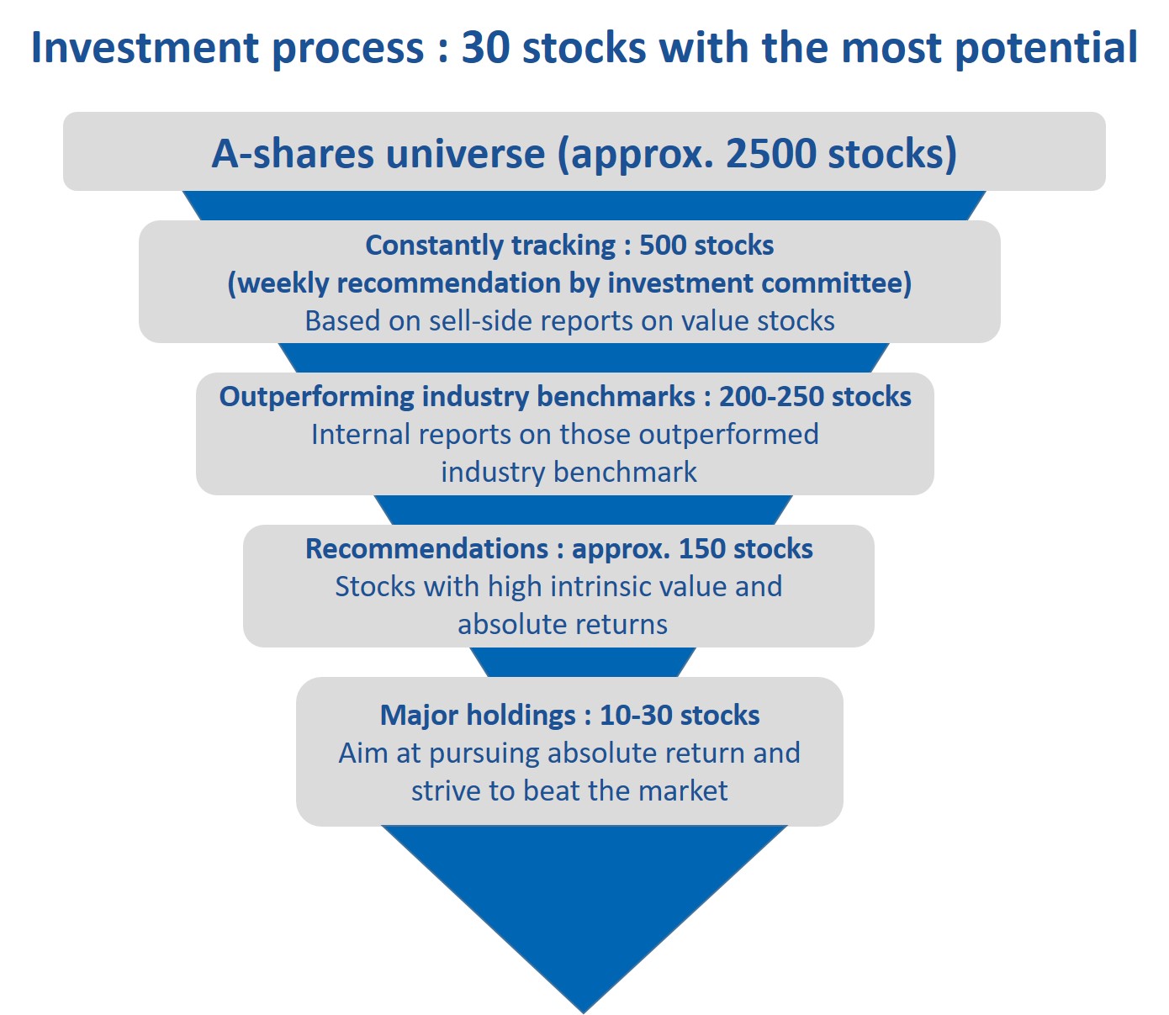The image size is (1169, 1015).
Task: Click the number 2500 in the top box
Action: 770,153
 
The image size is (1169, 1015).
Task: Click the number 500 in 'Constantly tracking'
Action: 662,245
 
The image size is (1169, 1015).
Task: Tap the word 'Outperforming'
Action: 316,398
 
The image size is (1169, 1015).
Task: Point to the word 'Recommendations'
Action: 426,549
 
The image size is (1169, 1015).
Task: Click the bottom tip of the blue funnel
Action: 584,1012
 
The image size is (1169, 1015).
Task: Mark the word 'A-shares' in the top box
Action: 294,153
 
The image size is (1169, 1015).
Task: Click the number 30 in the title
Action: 485,47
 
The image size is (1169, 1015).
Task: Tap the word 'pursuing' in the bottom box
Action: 484,754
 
